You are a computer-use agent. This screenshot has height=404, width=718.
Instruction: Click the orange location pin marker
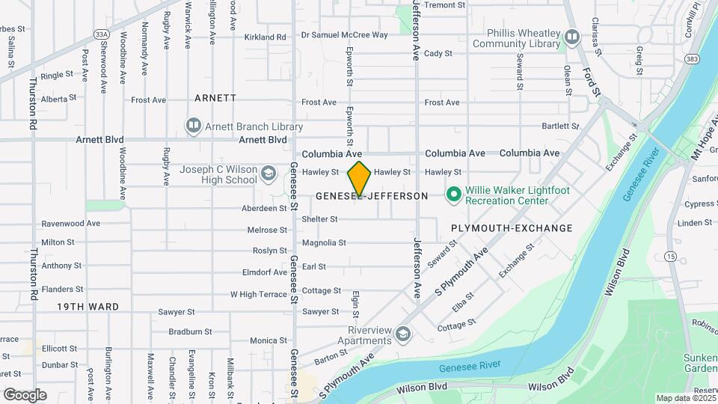click(x=360, y=179)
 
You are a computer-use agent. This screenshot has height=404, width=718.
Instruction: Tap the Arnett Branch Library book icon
click(x=194, y=125)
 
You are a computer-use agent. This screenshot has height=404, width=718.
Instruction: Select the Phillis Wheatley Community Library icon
click(x=572, y=36)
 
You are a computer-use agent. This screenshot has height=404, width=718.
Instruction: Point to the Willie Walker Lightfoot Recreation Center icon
click(x=452, y=195)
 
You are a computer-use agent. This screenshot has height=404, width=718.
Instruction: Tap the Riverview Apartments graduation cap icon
click(x=404, y=333)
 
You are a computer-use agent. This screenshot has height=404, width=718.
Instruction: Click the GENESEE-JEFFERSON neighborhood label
click(x=372, y=196)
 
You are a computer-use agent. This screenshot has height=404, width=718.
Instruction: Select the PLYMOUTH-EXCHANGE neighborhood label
click(x=512, y=228)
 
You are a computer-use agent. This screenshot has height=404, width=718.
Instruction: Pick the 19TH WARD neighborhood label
click(x=88, y=307)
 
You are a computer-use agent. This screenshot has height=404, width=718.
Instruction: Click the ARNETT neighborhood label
click(x=215, y=98)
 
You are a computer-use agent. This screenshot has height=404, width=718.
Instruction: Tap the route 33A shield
click(x=102, y=34)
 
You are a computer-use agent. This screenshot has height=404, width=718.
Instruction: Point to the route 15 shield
click(x=670, y=257)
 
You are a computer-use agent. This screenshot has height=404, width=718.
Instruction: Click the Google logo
click(x=25, y=394)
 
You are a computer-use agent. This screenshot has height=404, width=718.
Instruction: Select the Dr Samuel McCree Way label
click(x=344, y=35)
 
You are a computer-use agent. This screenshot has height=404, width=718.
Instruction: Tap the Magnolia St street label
click(x=324, y=243)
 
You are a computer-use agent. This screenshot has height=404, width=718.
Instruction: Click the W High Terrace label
click(x=258, y=294)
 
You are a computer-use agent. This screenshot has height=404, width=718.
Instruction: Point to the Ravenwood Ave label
click(x=70, y=223)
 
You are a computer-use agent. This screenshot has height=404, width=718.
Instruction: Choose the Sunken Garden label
click(x=700, y=363)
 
